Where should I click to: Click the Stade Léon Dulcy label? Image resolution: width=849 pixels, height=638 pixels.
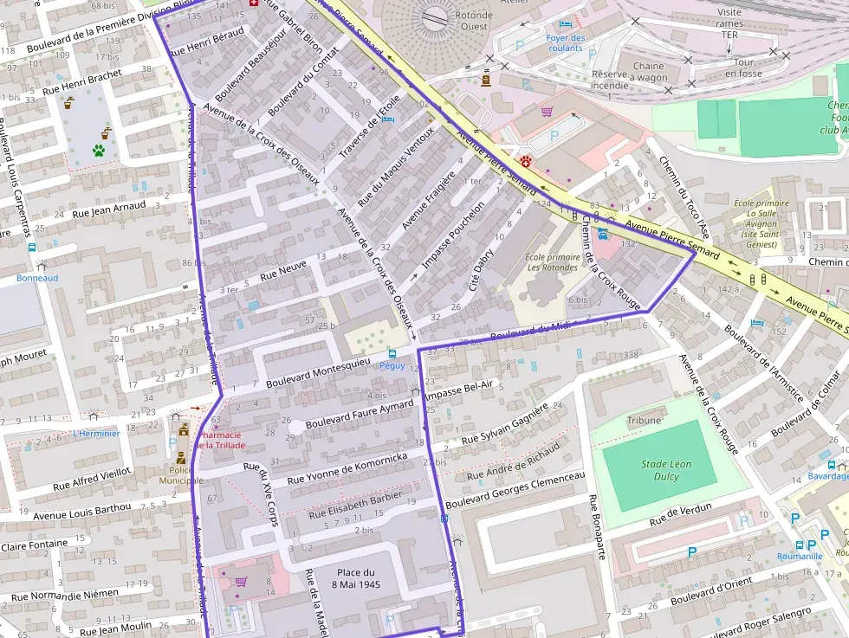pyautogui.click(x=666, y=470)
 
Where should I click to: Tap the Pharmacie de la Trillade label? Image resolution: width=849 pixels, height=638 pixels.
pyautogui.click(x=222, y=440)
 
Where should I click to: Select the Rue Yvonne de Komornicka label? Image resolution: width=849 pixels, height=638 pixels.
pyautogui.click(x=347, y=467)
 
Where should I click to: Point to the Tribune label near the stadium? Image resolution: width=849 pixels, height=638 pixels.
pyautogui.click(x=644, y=421)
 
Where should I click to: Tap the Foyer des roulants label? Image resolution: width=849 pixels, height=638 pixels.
pyautogui.click(x=566, y=42)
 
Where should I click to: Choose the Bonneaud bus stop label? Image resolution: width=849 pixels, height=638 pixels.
pyautogui.click(x=37, y=278)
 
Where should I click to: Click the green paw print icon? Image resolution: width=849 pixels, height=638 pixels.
pyautogui.click(x=99, y=150)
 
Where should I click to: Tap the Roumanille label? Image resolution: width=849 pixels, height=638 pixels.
pyautogui.click(x=799, y=557)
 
